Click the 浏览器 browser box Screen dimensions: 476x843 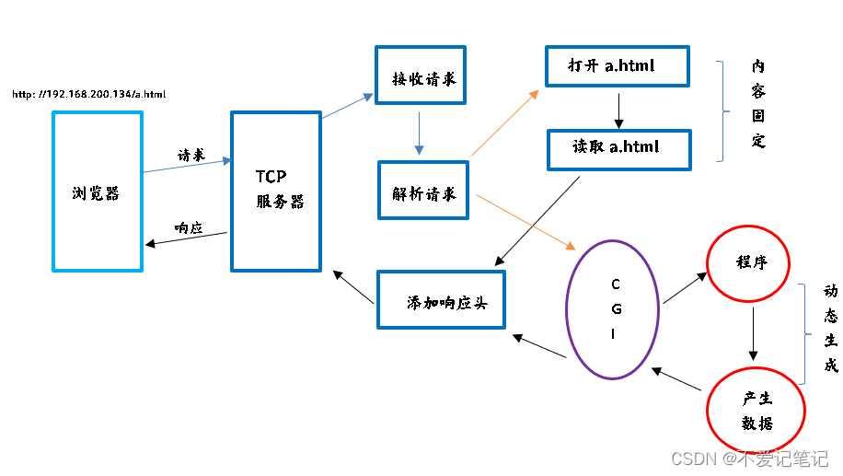tap(98, 192)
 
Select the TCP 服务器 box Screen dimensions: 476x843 tap(275, 192)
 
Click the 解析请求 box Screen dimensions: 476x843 tap(422, 192)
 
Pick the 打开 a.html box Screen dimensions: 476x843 tap(616, 66)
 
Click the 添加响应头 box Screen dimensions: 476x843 tap(442, 300)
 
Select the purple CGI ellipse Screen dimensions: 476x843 tap(613, 309)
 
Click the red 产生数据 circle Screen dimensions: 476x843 tap(756, 410)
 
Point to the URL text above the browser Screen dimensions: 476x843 tap(89, 94)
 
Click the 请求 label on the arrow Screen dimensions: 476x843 tap(191, 156)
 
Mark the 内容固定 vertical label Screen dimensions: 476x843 tap(757, 104)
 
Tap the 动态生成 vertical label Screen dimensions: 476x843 tap(830, 328)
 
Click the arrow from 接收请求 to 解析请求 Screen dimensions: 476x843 tap(420, 134)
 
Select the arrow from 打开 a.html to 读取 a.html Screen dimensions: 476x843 tap(618, 109)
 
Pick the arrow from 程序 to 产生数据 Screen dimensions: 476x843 tap(754, 333)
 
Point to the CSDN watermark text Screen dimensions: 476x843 tap(749, 458)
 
